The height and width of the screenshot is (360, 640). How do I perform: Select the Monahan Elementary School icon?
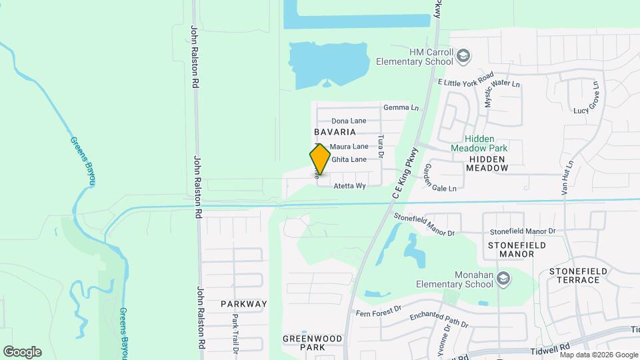click(x=504, y=279)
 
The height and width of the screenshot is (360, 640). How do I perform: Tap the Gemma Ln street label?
click(x=401, y=107)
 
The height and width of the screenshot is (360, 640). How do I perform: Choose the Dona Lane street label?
click(x=349, y=121)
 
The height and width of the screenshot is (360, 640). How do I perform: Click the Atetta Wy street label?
click(x=350, y=186)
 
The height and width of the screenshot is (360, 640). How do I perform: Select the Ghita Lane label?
click(x=349, y=159)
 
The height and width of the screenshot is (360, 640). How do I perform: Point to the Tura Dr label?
click(x=381, y=145)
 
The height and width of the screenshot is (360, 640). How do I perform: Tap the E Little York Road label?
click(x=465, y=79)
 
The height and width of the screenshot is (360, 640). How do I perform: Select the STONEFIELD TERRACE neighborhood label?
click(x=575, y=275)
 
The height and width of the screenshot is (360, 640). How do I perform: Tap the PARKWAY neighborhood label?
click(x=244, y=304)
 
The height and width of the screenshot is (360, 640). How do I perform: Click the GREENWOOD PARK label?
click(x=312, y=343)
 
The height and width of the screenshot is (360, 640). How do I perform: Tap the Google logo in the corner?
click(x=22, y=351)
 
